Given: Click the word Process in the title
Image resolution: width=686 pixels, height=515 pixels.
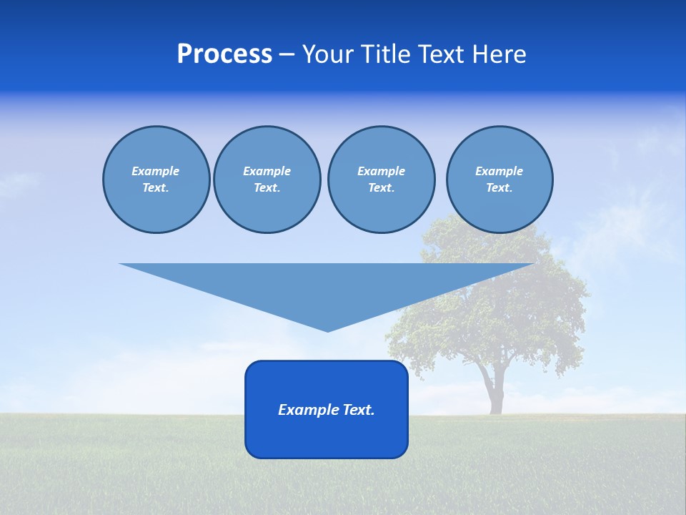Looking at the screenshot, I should pyautogui.click(x=224, y=54).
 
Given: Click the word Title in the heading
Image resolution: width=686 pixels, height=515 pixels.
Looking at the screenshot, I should pyautogui.click(x=387, y=54).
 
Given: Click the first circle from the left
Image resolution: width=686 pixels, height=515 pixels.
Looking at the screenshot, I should pyautogui.click(x=156, y=180).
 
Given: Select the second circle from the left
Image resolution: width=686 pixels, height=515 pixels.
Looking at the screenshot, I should pyautogui.click(x=267, y=180).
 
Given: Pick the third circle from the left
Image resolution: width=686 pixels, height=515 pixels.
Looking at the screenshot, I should pyautogui.click(x=381, y=180).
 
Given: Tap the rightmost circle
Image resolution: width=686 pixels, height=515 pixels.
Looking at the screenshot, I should pyautogui.click(x=499, y=180).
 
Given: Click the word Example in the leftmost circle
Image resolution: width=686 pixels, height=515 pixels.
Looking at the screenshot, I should pyautogui.click(x=156, y=171).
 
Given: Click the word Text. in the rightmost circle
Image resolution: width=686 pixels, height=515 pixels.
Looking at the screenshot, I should pyautogui.click(x=499, y=188).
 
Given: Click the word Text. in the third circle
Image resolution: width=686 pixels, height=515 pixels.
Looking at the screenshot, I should pyautogui.click(x=381, y=188).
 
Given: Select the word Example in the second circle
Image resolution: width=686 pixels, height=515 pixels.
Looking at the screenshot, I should pyautogui.click(x=267, y=171).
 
